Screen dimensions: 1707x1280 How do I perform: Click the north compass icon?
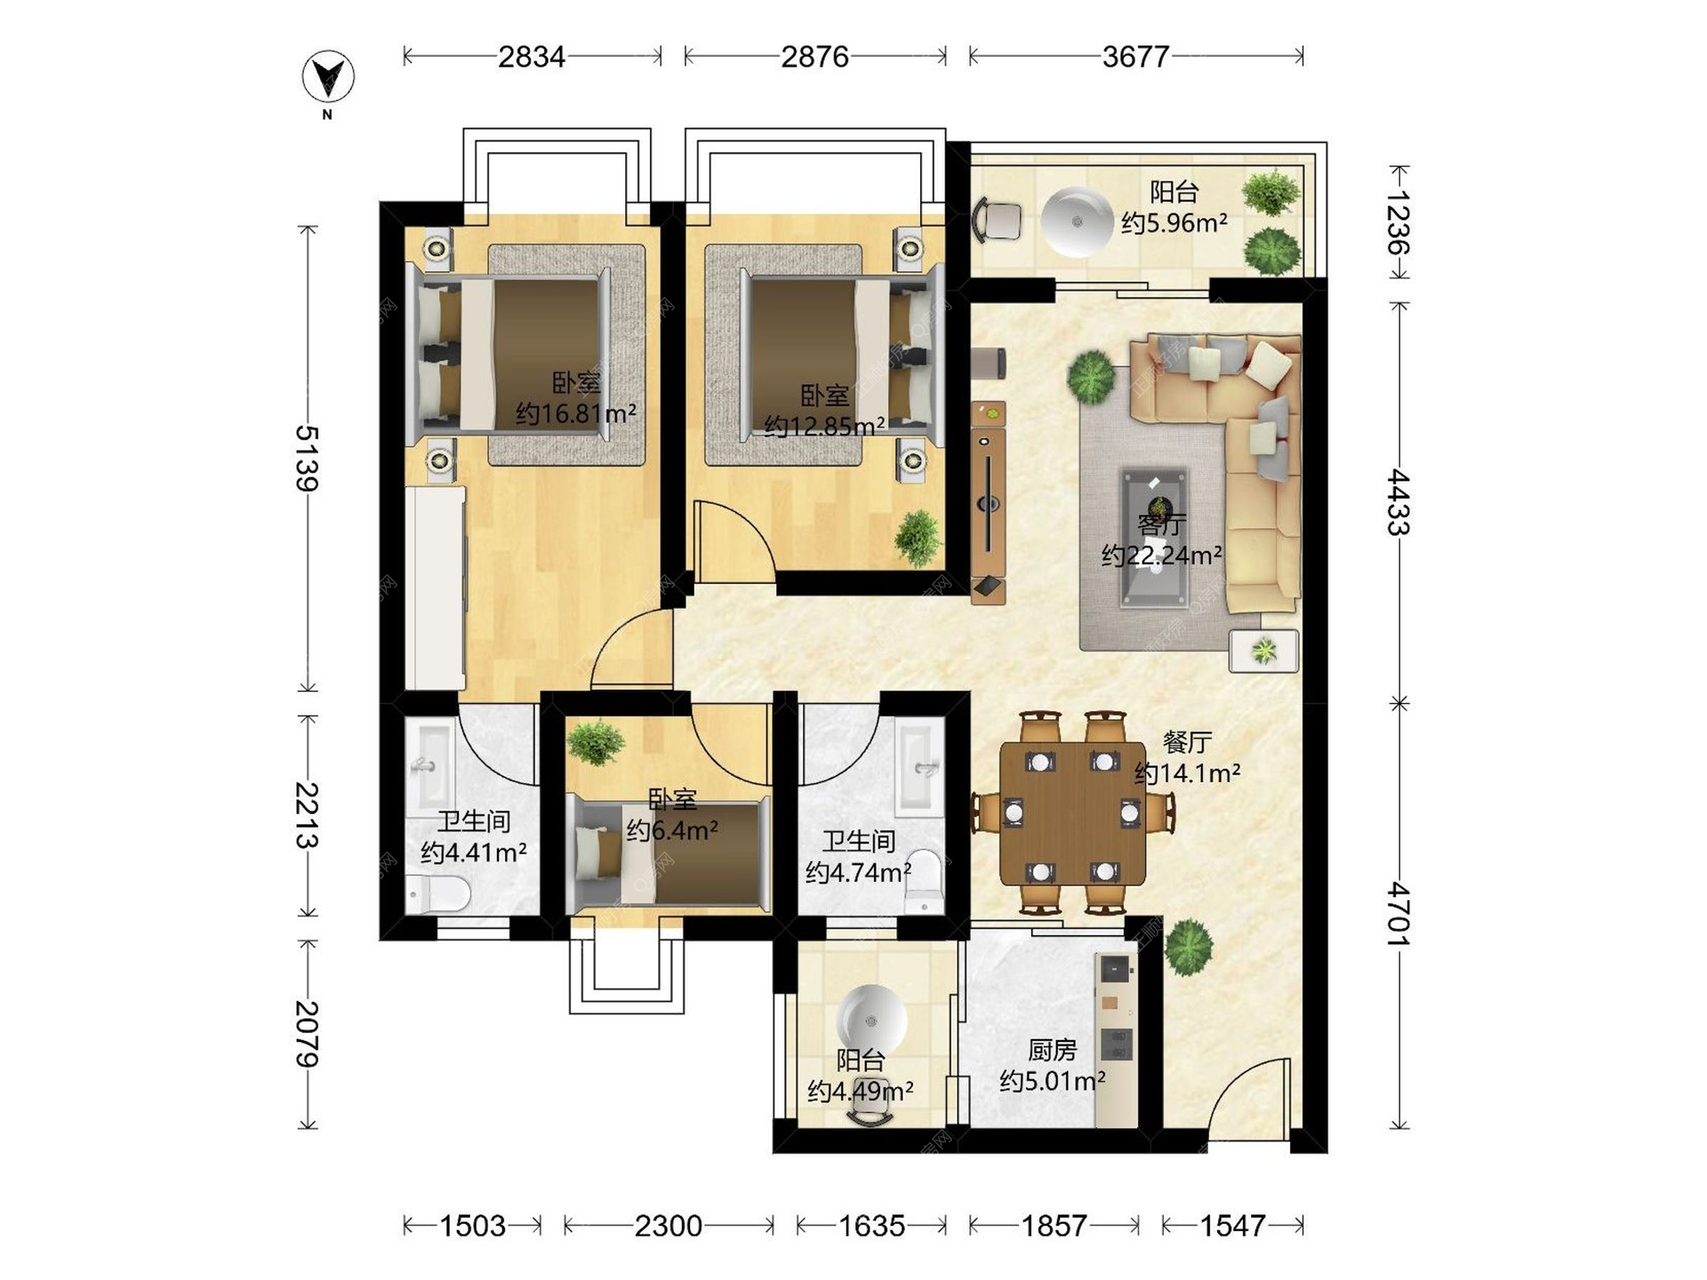click(328, 77)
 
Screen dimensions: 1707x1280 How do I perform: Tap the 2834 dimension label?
click(532, 57)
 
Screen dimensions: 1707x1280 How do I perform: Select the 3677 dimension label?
click(1135, 57)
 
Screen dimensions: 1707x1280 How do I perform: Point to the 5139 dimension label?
click(307, 459)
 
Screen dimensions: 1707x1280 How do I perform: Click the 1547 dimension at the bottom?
click(1232, 1226)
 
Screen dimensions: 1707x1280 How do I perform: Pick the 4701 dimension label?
click(1398, 914)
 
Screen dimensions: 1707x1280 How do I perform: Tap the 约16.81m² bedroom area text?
click(576, 414)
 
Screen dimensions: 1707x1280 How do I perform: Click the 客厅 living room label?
click(1161, 525)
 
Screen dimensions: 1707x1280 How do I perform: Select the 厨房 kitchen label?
click(1053, 1051)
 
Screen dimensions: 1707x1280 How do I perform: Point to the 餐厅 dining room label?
click(1187, 742)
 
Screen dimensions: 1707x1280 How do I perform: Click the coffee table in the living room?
click(1154, 538)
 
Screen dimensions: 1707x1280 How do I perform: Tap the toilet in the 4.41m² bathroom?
click(437, 894)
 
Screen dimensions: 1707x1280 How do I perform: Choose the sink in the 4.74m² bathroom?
click(920, 767)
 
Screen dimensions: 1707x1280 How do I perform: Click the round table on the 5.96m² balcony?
click(1078, 221)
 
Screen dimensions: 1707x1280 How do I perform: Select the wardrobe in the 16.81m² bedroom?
click(436, 587)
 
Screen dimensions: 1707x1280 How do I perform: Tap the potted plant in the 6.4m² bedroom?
click(596, 742)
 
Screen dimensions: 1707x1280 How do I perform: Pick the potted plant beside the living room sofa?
click(1091, 376)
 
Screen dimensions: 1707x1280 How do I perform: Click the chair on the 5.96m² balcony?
click(998, 220)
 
